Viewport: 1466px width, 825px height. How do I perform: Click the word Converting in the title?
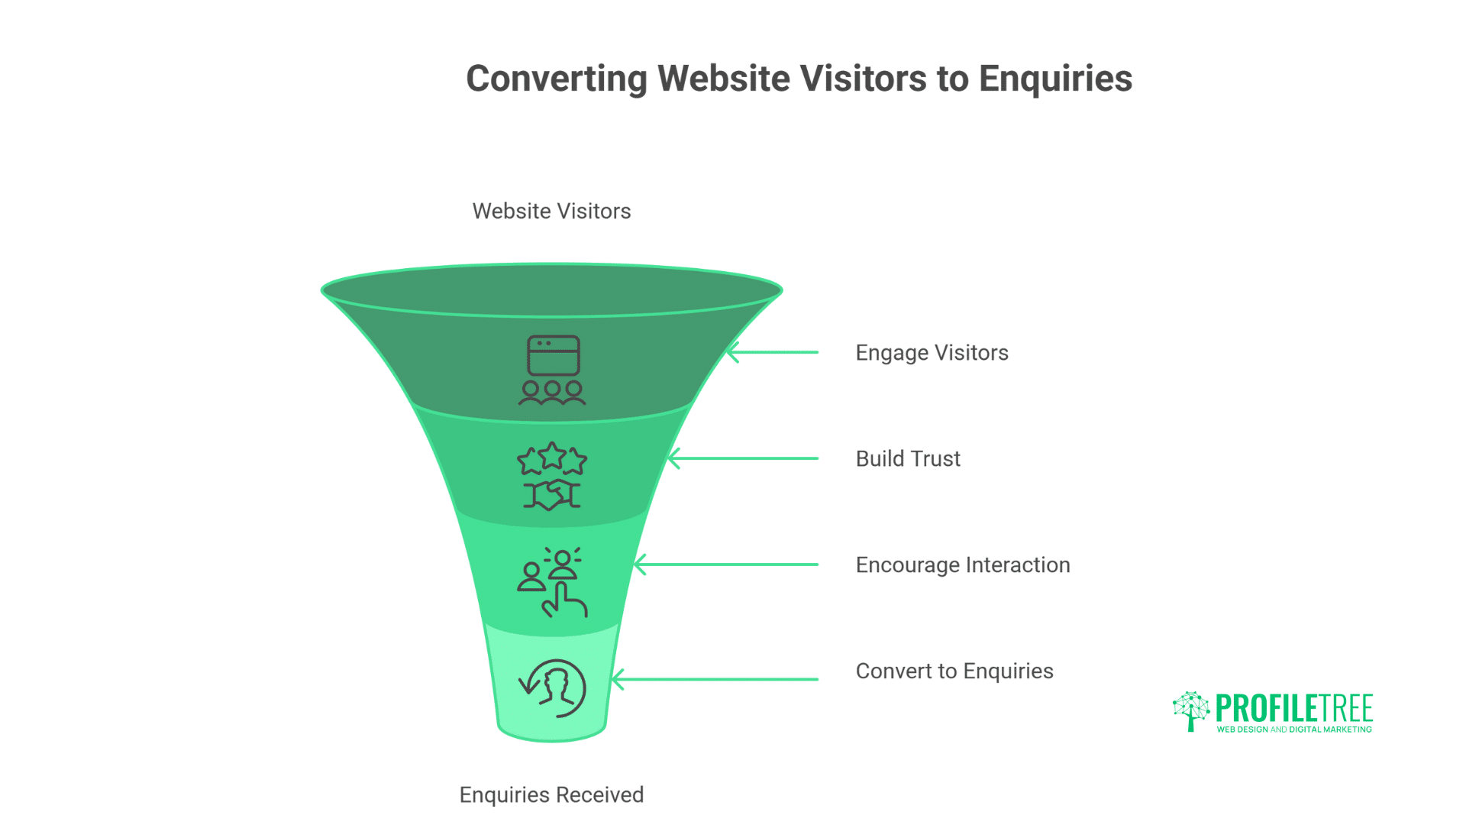tap(557, 79)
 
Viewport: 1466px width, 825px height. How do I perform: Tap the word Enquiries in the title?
tap(1055, 79)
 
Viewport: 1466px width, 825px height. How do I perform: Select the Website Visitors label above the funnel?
tap(551, 212)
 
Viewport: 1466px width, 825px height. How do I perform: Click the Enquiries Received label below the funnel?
tap(551, 795)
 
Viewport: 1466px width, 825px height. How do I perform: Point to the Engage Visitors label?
tap(932, 353)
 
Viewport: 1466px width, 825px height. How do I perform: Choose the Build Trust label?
tap(908, 459)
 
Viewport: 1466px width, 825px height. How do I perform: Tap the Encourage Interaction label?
tap(963, 565)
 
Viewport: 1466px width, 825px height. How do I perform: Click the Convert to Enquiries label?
tap(954, 671)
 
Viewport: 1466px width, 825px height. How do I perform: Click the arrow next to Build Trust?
tap(742, 458)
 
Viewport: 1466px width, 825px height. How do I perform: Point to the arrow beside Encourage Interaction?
tap(725, 565)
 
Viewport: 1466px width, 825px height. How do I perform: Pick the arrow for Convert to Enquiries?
tap(714, 679)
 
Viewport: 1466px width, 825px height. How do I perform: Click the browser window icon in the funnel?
tap(553, 355)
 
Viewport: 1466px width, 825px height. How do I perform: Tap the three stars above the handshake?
tap(552, 458)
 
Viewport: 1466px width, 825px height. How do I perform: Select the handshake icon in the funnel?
tap(552, 495)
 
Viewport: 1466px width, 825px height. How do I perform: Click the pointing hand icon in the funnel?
tap(564, 600)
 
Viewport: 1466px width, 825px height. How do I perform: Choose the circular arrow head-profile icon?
tap(554, 688)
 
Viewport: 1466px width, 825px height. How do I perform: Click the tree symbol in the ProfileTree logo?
tap(1190, 711)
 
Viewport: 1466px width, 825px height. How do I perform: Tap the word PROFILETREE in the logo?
tap(1294, 708)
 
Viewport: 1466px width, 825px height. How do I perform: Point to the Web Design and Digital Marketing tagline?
tap(1294, 730)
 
